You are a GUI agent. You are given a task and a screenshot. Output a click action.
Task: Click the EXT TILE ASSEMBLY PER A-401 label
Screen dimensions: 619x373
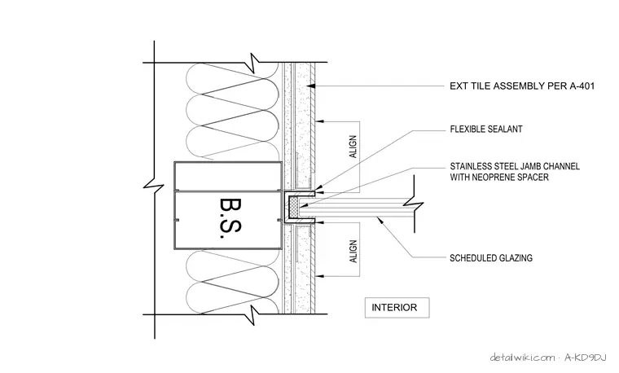click(522, 86)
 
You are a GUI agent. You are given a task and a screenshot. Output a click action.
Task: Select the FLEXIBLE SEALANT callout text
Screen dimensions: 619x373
click(486, 129)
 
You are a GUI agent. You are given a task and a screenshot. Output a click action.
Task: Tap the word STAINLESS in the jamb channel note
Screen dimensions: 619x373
click(471, 166)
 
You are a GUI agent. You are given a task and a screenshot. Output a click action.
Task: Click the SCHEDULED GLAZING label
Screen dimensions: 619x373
click(491, 258)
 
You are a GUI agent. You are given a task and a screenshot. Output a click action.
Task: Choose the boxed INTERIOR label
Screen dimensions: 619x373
click(397, 308)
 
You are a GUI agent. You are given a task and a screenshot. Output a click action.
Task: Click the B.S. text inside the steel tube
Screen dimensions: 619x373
click(230, 218)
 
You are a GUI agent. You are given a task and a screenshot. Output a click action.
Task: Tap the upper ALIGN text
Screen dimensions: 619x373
click(353, 147)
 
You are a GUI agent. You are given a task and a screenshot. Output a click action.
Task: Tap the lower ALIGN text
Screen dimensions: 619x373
click(353, 252)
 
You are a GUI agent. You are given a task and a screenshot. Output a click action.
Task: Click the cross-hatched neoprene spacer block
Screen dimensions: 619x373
click(293, 207)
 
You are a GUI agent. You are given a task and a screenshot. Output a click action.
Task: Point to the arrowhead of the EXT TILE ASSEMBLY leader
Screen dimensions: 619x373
click(312, 86)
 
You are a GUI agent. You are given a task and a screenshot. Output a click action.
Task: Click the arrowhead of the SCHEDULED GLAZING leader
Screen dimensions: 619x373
click(380, 219)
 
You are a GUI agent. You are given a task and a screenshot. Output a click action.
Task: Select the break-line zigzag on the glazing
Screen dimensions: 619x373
click(413, 205)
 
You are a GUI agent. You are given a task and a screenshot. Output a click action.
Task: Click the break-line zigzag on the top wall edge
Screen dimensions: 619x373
click(256, 63)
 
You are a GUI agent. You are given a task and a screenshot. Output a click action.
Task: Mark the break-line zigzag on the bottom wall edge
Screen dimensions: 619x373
click(256, 314)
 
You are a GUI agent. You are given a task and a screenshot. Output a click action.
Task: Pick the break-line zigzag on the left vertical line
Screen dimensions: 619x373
click(154, 185)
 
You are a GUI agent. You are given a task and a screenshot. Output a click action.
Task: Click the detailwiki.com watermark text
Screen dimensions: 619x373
click(522, 358)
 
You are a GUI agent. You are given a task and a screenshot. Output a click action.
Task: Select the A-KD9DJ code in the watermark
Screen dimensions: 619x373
click(585, 358)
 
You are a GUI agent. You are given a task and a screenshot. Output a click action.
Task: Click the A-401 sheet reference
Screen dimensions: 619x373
click(582, 86)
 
